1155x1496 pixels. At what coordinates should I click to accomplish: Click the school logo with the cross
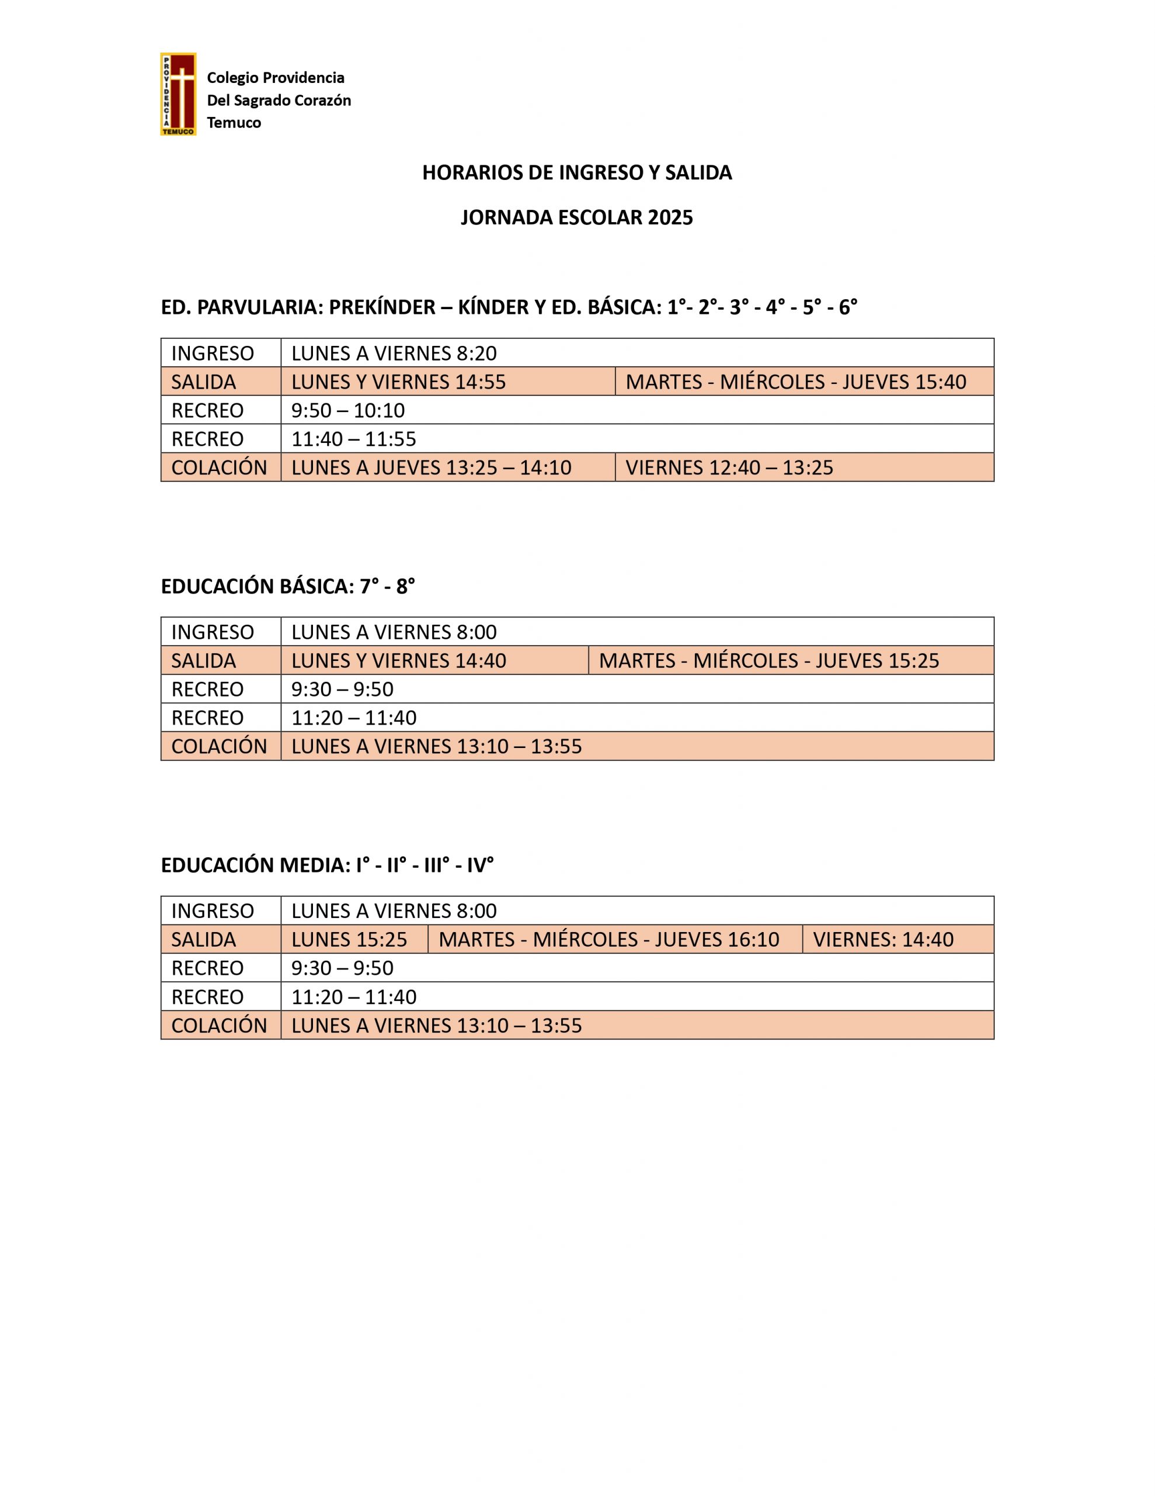tap(178, 94)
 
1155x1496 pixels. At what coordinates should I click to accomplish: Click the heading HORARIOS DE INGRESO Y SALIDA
tap(576, 172)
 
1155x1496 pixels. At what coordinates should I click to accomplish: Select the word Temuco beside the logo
tap(234, 123)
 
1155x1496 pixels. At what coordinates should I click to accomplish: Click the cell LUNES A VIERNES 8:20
tap(394, 353)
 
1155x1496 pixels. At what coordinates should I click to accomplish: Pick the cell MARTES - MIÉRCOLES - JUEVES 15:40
tap(795, 382)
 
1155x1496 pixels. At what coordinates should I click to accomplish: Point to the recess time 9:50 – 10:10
tap(348, 410)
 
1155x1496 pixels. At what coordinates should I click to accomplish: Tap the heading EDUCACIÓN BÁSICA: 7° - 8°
tap(287, 586)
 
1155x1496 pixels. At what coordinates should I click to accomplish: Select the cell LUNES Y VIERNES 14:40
tap(398, 660)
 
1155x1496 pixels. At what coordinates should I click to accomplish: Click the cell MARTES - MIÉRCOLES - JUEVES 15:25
tap(769, 660)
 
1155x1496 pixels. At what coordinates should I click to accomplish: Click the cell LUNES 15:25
tap(349, 939)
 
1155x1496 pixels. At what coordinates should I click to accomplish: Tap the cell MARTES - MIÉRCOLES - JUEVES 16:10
tap(608, 939)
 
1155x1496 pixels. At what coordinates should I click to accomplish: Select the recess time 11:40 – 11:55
tap(353, 438)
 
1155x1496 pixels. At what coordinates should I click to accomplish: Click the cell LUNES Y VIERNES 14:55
tap(398, 382)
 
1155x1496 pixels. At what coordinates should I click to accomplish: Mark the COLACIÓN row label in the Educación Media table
tap(219, 1025)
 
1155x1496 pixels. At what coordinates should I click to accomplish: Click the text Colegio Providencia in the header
tap(275, 77)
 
